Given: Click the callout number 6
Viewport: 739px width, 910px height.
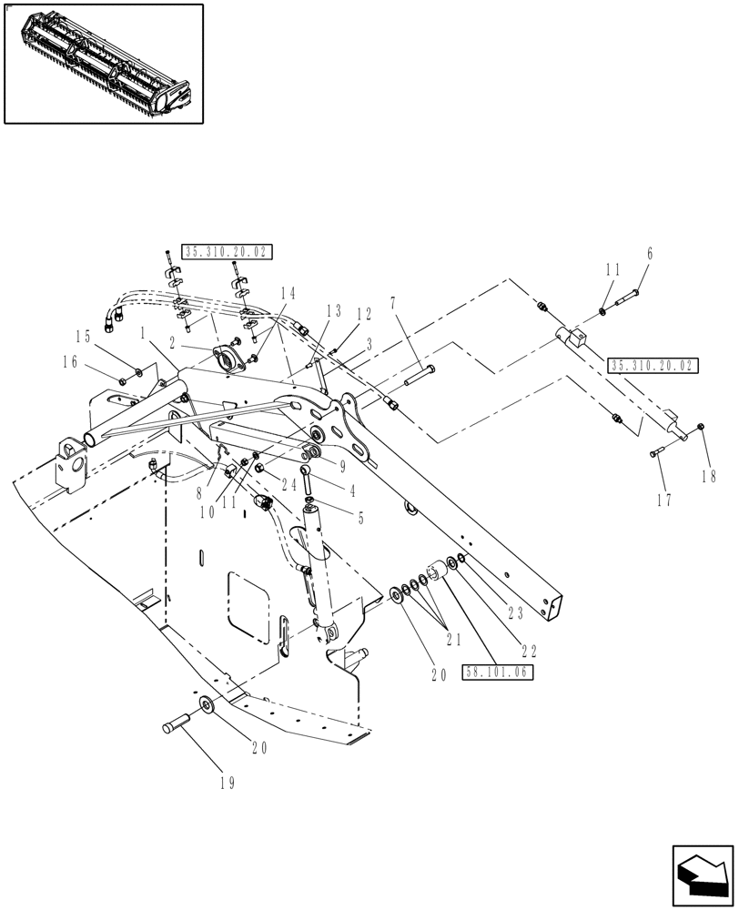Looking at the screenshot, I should [x=650, y=255].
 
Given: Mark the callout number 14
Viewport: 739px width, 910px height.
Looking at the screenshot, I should [x=288, y=293].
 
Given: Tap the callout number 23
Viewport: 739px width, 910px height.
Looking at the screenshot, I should [x=515, y=613].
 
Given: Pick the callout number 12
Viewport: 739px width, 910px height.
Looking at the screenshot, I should [x=364, y=314].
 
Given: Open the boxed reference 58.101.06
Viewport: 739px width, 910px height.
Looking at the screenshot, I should [x=497, y=673].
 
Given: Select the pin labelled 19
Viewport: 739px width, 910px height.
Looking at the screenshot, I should [x=175, y=726].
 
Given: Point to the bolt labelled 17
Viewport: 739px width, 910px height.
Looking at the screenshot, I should [x=658, y=452].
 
